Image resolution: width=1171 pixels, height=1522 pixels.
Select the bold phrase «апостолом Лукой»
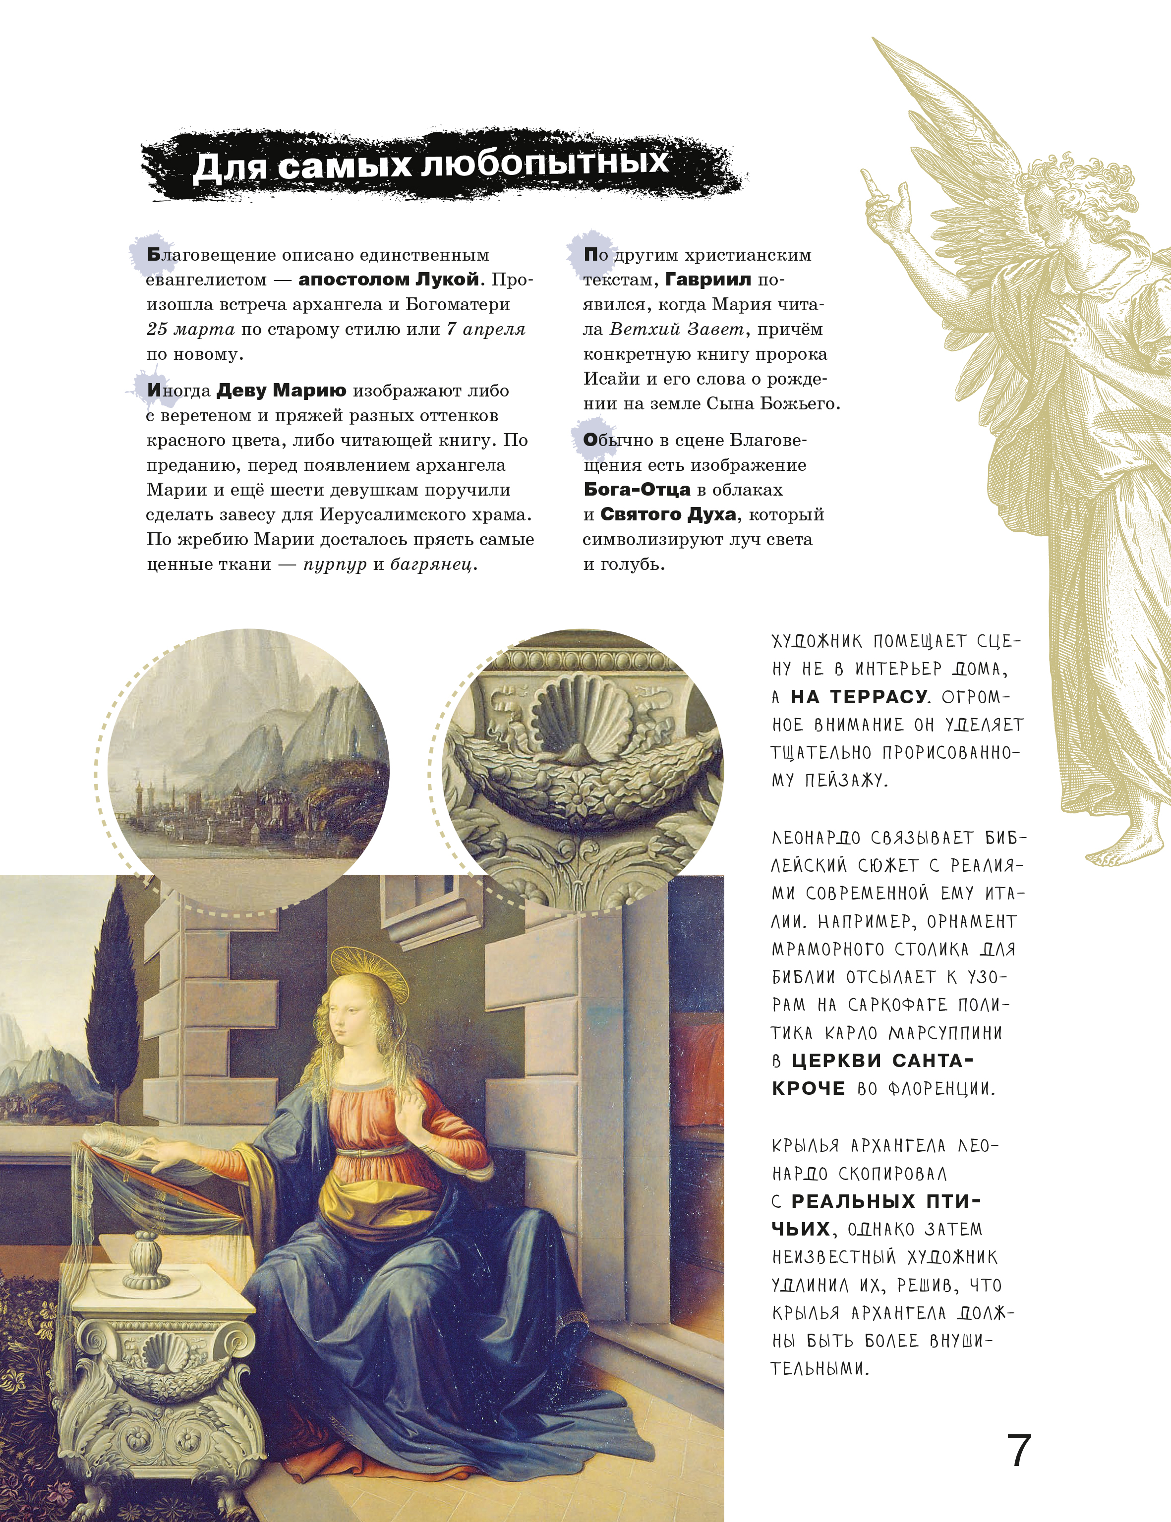click(x=388, y=280)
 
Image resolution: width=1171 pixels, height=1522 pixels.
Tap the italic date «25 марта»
click(x=190, y=330)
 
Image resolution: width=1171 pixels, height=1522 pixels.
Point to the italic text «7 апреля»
click(x=485, y=330)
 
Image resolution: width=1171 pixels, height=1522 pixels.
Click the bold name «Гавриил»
click(x=708, y=280)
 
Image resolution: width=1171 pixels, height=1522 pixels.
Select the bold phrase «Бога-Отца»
click(x=637, y=490)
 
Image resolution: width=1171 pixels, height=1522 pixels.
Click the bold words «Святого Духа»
click(x=668, y=515)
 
